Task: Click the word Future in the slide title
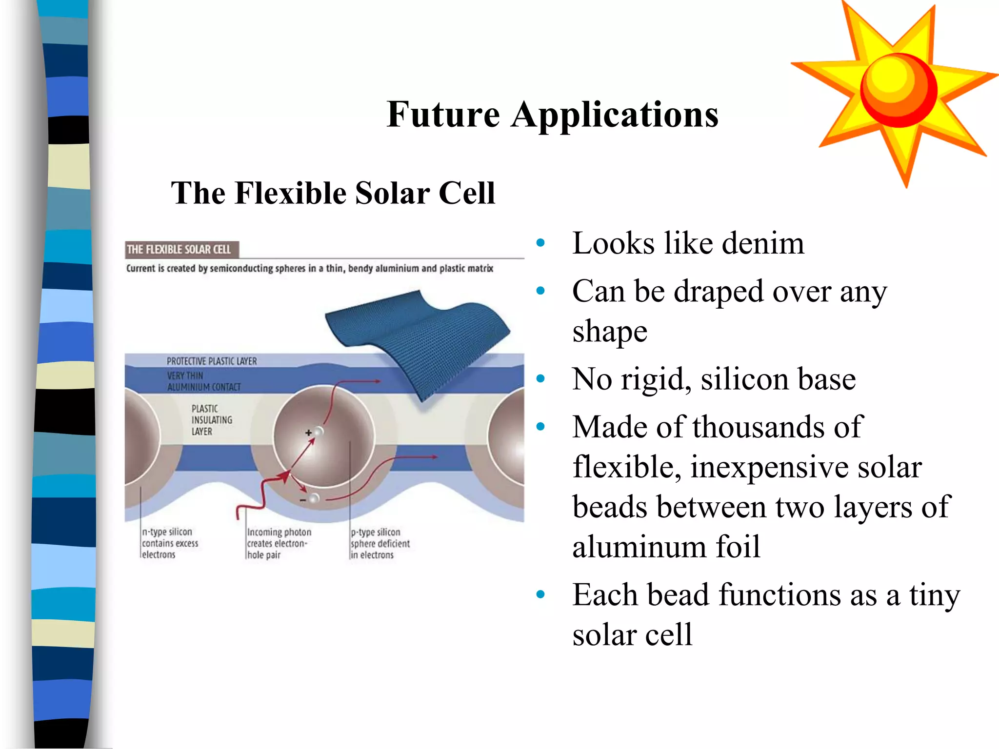[x=443, y=115]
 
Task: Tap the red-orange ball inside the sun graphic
[x=899, y=90]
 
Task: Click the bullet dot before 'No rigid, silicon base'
[x=540, y=379]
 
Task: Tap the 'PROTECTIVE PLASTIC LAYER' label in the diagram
[x=211, y=361]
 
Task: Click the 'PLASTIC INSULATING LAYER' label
[x=211, y=420]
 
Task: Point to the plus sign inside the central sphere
[x=308, y=433]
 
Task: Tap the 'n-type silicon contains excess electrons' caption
[x=169, y=543]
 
